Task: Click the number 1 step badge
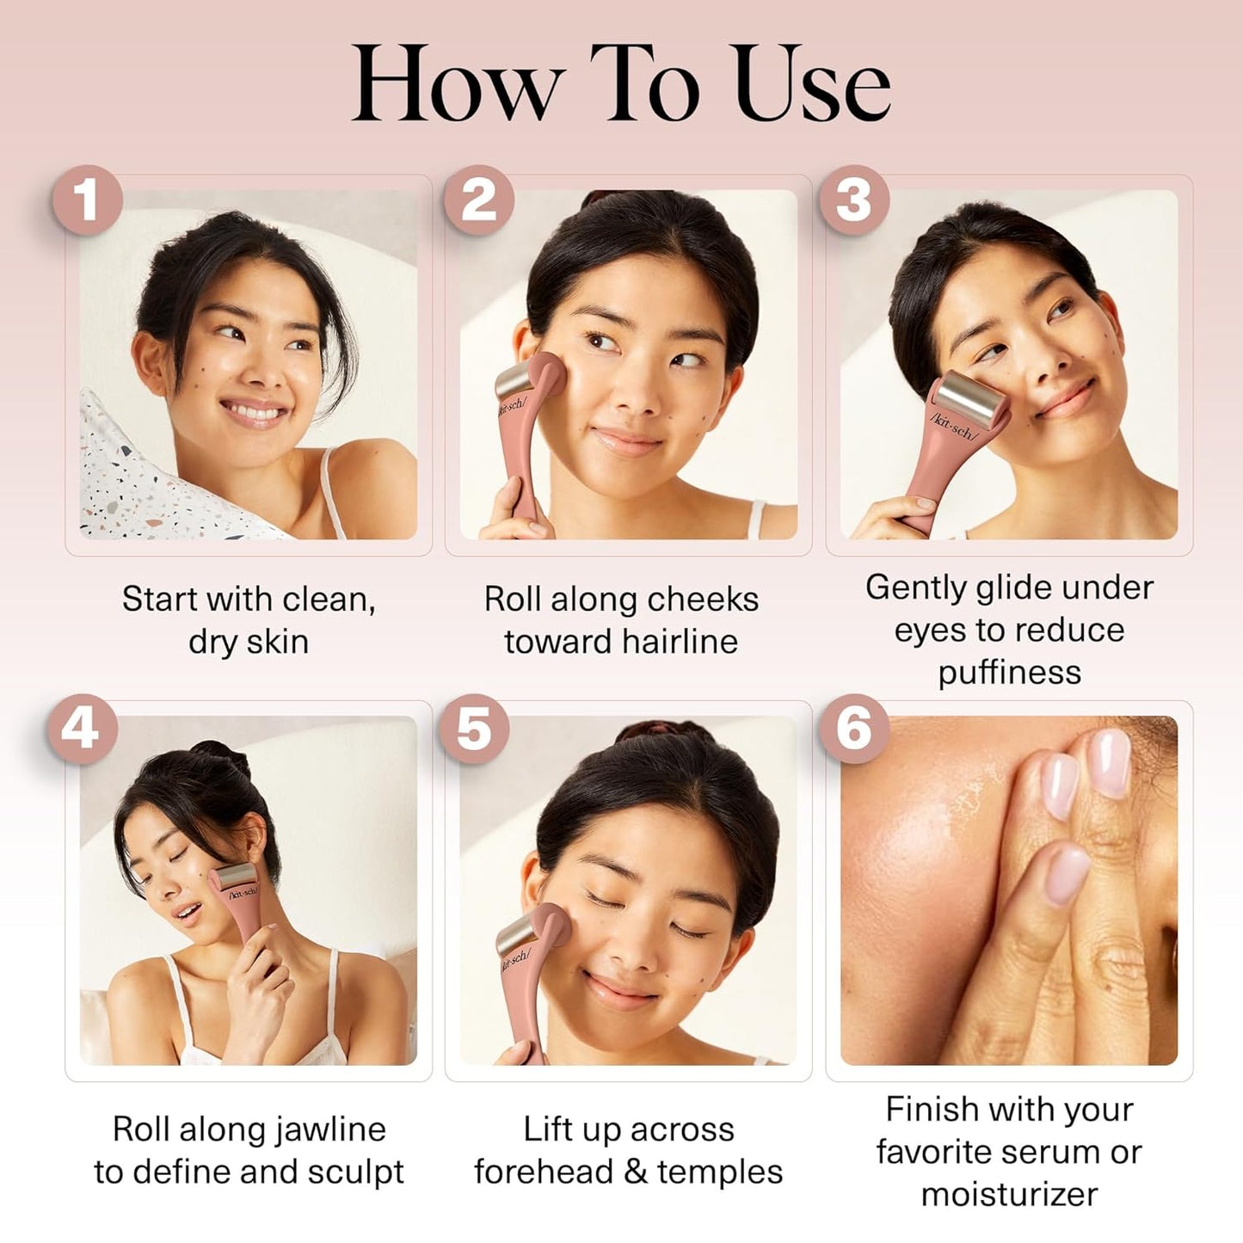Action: click(88, 200)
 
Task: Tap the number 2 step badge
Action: click(478, 200)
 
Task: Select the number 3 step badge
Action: click(854, 200)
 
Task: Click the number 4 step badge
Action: click(81, 729)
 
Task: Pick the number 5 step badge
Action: click(473, 729)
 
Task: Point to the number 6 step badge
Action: click(854, 729)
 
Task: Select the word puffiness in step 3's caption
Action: click(1010, 674)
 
